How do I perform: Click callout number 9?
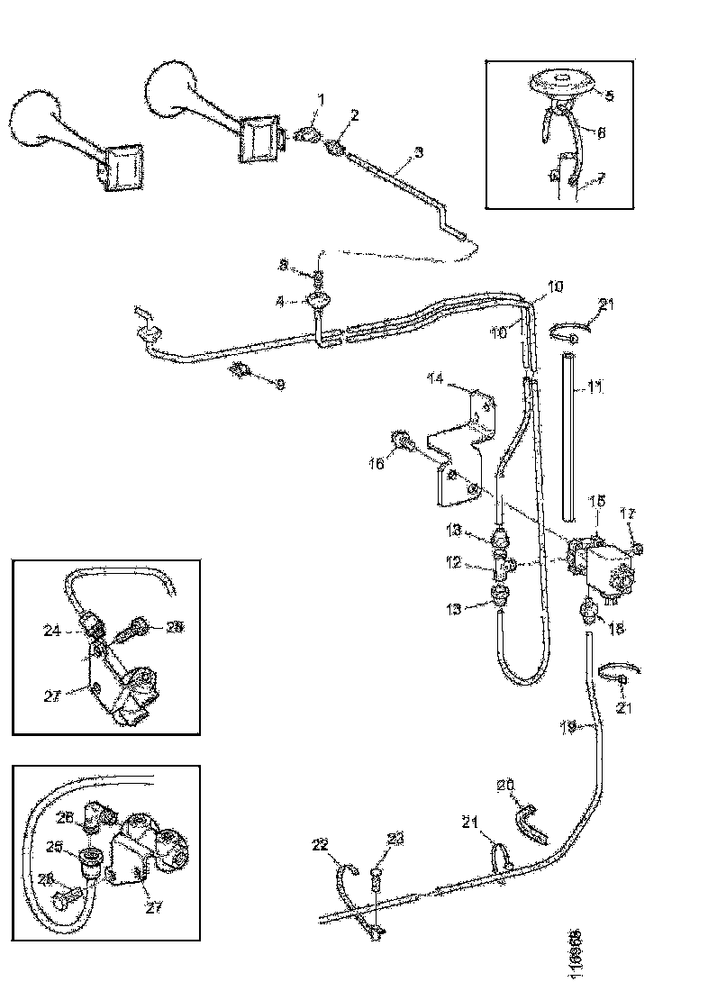coord(280,385)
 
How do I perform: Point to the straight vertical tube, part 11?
coord(567,437)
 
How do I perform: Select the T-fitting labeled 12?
coord(502,566)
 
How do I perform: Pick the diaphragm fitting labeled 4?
coord(318,302)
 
